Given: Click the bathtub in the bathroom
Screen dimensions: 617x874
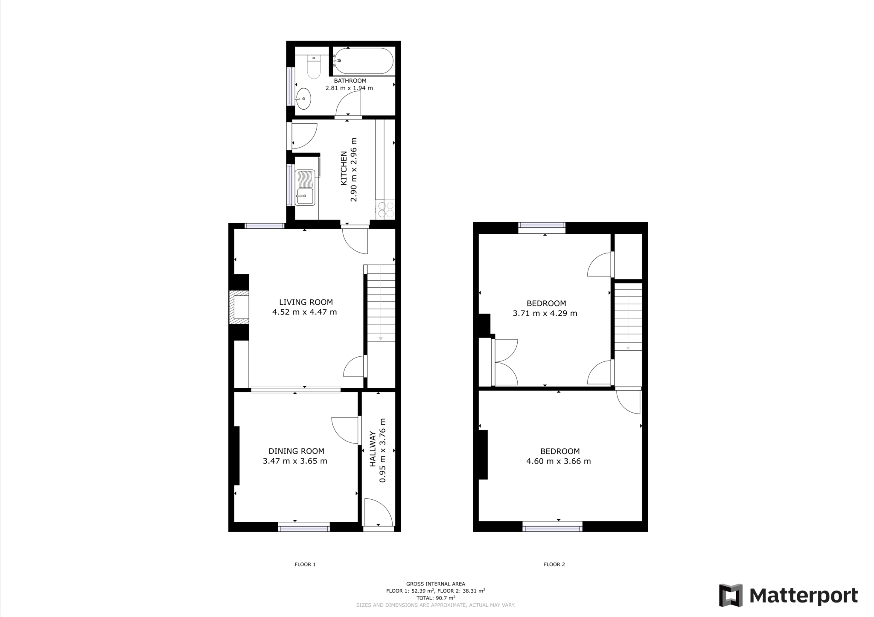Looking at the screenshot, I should pos(363,61).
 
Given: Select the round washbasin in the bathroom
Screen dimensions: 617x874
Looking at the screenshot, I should pos(303,99).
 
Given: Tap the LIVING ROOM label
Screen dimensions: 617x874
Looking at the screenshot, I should pos(306,302).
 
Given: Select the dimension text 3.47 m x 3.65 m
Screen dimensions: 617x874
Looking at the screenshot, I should pos(295,461).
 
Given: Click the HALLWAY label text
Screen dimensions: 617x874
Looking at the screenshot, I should pos(372,448).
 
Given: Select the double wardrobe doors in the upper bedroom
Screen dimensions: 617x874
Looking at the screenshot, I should pos(506,362).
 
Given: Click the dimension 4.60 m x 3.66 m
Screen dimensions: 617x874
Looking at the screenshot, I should pos(558,461).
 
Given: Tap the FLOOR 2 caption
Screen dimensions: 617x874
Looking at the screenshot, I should pos(554,564).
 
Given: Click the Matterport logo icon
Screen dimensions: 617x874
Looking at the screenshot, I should pos(731,595).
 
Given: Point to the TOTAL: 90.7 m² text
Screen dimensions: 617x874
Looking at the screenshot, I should pos(435,598).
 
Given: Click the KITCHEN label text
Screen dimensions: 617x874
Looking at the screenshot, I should pos(343,168).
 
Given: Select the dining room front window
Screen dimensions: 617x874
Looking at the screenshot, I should pos(304,528).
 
